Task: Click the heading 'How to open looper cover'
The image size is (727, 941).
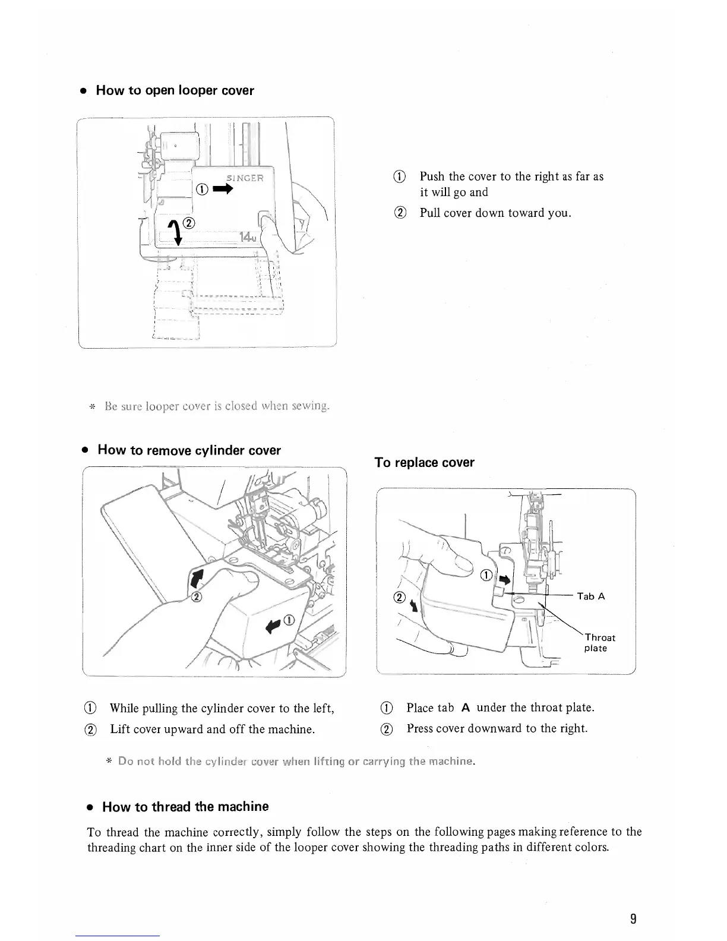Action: point(175,91)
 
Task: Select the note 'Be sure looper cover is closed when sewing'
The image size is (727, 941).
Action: point(216,407)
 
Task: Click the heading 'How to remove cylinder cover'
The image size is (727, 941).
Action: point(188,450)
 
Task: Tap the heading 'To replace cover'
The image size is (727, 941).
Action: point(424,463)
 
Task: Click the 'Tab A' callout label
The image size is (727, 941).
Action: point(590,596)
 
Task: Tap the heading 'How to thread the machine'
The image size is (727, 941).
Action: point(185,807)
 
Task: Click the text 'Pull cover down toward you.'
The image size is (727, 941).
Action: point(495,213)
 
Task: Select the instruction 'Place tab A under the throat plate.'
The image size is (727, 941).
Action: point(500,708)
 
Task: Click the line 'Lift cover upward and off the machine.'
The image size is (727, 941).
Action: point(212,729)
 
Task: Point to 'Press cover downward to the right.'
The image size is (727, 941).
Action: point(497,728)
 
